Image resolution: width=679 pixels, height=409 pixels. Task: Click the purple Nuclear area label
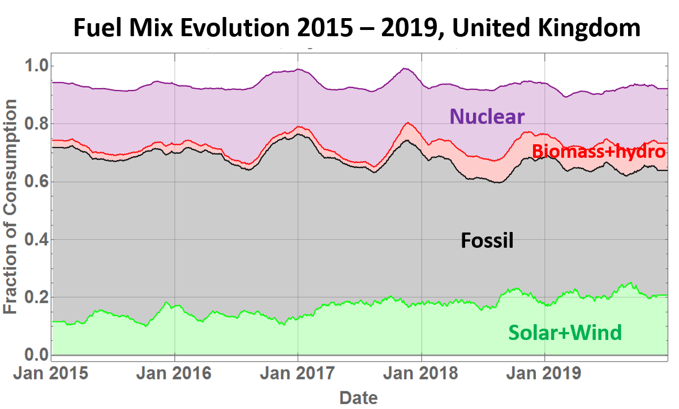(487, 117)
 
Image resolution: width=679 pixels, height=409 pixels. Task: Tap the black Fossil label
(487, 240)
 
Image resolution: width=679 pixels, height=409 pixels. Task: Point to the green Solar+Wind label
(565, 332)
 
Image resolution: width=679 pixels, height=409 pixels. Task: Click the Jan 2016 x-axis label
(174, 374)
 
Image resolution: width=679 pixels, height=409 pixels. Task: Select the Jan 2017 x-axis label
(298, 374)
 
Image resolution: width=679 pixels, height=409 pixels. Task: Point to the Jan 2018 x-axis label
(421, 374)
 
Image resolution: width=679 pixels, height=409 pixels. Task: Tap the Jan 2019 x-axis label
(544, 374)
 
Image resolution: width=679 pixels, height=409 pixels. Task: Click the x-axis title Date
(358, 397)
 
